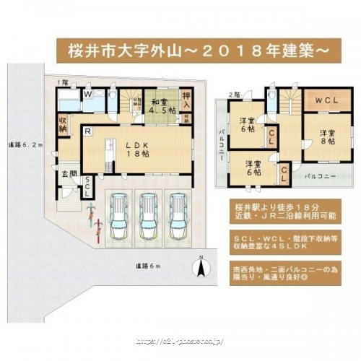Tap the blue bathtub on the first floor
68,100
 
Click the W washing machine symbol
87,94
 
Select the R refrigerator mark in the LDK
87,131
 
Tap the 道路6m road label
148,267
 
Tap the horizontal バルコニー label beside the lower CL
318,176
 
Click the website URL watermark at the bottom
180,339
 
